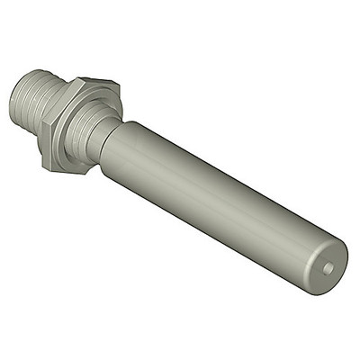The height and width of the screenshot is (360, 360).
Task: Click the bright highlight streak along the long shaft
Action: tap(225, 180)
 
